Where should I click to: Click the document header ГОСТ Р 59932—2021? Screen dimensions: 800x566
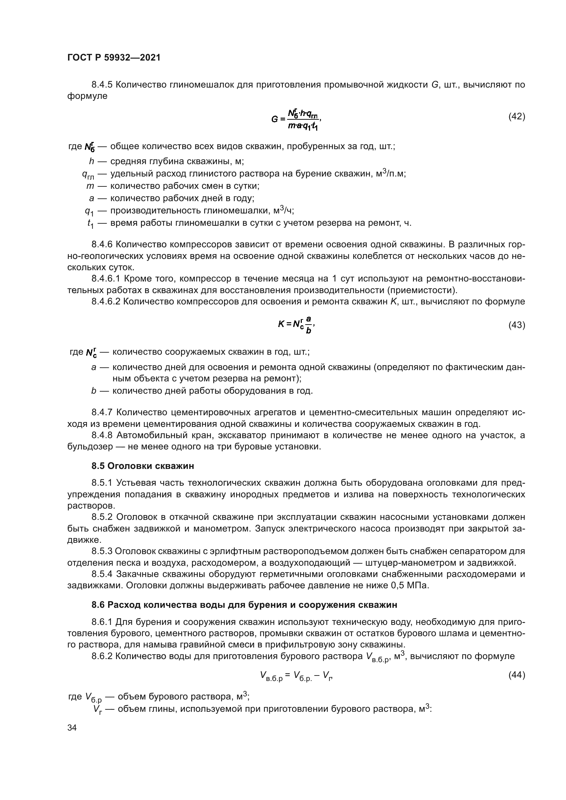pos(114,57)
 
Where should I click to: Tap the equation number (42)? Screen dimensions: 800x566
pos(516,116)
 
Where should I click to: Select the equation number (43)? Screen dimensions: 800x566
pos(516,325)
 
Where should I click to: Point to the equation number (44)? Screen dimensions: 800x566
pos(516,675)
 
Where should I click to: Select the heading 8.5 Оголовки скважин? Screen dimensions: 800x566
pos(143,466)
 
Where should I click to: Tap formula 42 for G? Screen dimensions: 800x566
pos(296,119)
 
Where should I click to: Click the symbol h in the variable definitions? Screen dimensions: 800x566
pos(92,161)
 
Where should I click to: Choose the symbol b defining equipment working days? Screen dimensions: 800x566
pos(93,391)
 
